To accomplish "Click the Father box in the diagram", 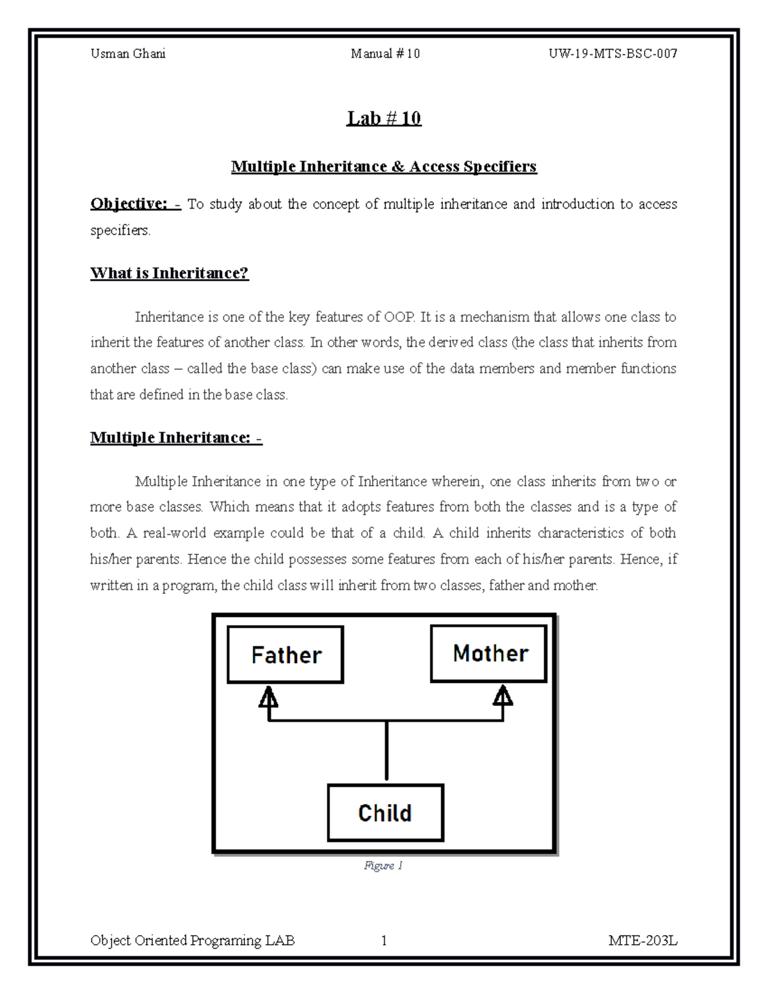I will (x=285, y=654).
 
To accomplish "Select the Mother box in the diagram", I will (x=489, y=653).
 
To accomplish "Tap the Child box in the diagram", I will (x=385, y=813).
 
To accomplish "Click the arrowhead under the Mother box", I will (x=504, y=696).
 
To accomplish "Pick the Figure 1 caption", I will (x=383, y=865).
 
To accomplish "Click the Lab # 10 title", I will (x=384, y=118).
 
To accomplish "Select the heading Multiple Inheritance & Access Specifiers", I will (x=384, y=167).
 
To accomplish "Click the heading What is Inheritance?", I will (x=170, y=273).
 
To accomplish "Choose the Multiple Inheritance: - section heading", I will (x=177, y=438).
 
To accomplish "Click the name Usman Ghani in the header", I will (x=128, y=54).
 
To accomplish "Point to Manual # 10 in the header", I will (x=385, y=54).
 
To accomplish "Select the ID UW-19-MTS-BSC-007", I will (x=612, y=54).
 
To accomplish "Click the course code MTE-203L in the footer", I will (x=643, y=941).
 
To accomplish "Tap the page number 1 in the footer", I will (x=384, y=941).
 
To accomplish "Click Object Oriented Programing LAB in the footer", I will (x=193, y=941).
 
